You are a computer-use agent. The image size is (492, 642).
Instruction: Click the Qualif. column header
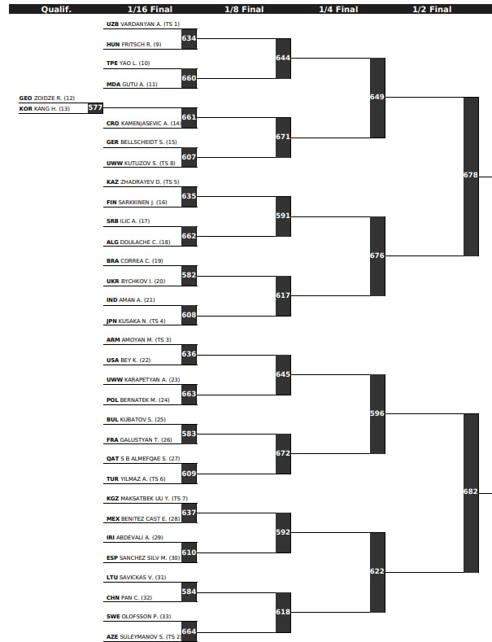(x=56, y=10)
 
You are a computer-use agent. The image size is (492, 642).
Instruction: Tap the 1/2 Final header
(x=432, y=10)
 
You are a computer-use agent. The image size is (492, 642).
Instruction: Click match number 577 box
(x=95, y=107)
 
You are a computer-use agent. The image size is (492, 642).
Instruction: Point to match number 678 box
(x=471, y=176)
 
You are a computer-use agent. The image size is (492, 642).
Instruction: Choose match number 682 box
(x=471, y=492)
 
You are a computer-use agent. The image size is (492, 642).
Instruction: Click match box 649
(x=377, y=98)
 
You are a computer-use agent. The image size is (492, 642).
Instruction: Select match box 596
(x=377, y=413)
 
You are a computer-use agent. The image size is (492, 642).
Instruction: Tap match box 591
(x=283, y=216)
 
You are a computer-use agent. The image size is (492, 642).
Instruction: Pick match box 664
(x=189, y=631)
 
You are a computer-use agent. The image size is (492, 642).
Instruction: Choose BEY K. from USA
(x=129, y=360)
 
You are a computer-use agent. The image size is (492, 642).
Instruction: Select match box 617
(x=283, y=295)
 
